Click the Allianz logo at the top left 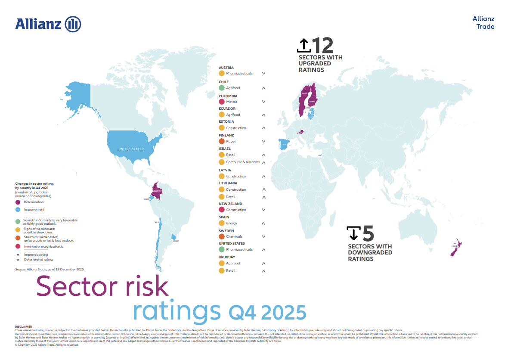tap(48, 24)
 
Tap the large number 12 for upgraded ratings tap(322, 45)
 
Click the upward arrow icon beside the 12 tap(304, 45)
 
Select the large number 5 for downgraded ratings tap(368, 234)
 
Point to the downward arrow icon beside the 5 tap(353, 233)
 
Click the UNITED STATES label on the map tap(131, 149)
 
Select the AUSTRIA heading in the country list tap(226, 68)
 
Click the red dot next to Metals tap(222, 102)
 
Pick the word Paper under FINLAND tap(231, 141)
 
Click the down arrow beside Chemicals tap(263, 236)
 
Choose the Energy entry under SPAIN tap(232, 223)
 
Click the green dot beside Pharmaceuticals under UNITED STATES tap(222, 249)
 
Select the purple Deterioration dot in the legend tap(18, 202)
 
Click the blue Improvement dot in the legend tap(18, 210)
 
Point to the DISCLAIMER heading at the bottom tap(23, 327)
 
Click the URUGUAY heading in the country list tap(227, 257)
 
